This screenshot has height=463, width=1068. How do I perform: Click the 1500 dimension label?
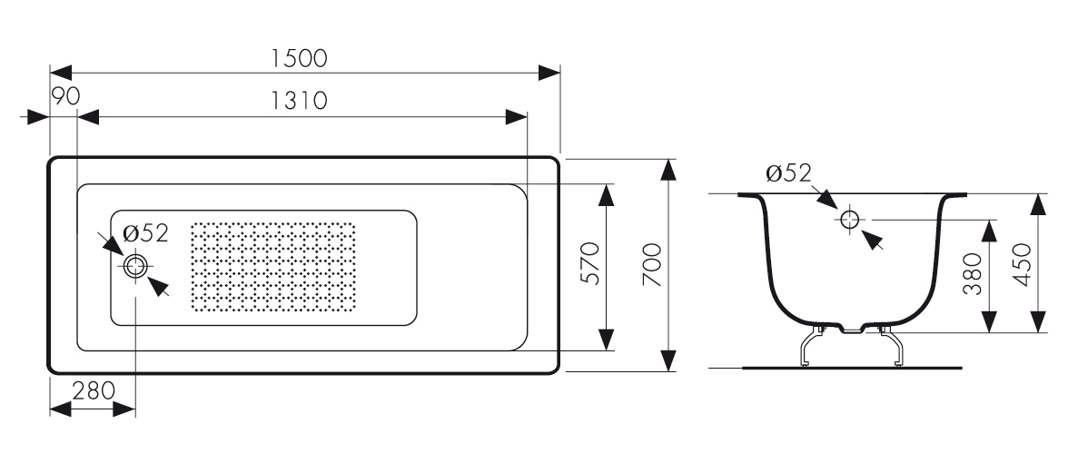point(299,58)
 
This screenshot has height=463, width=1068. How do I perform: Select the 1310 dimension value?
point(299,101)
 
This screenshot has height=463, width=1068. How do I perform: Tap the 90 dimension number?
point(65,97)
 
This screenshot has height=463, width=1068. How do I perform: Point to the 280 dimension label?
point(94,391)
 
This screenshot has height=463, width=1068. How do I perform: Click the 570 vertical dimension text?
point(590,264)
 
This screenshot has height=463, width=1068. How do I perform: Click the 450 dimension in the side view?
point(1023,263)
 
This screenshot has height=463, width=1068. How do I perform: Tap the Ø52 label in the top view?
point(146,233)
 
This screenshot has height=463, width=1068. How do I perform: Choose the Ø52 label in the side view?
point(787,173)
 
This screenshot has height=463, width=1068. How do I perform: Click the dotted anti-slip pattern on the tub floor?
point(273,265)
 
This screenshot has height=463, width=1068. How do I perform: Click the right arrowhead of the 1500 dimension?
point(550,73)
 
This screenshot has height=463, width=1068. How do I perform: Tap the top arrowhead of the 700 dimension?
point(669,169)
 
